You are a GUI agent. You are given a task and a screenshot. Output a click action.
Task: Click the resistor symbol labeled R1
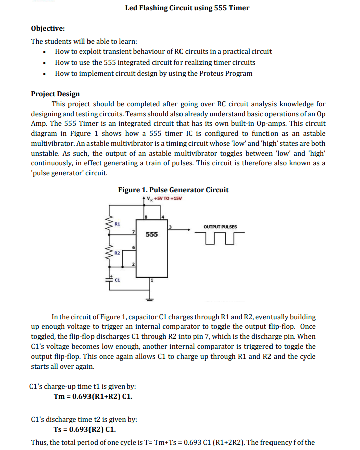[x=107, y=225]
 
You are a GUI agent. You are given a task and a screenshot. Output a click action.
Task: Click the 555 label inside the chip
[x=152, y=235]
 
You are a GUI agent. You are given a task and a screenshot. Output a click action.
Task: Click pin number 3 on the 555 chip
[x=170, y=228]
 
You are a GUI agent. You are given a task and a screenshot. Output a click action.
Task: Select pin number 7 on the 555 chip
[x=133, y=231]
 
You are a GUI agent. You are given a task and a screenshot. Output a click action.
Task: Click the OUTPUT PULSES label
[x=220, y=226]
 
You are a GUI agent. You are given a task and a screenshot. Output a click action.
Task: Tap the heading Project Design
[x=55, y=94]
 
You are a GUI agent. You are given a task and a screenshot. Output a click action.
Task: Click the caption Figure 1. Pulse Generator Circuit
[x=173, y=190]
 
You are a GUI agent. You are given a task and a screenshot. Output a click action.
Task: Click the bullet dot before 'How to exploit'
[x=46, y=52]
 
